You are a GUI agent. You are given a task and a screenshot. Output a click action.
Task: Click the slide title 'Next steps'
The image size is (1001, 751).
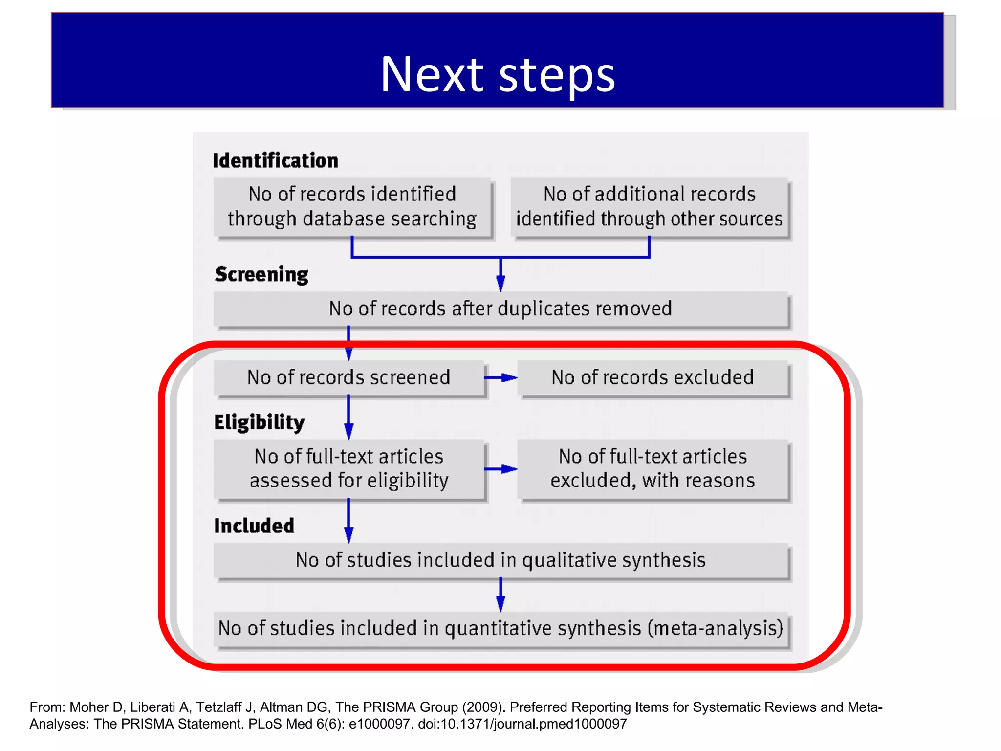click(498, 74)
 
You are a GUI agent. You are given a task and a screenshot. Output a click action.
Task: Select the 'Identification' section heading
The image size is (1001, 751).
click(275, 161)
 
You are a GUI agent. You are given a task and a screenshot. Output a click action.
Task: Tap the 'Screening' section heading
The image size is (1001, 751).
click(261, 274)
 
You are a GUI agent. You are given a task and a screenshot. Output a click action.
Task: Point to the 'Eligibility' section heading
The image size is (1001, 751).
click(259, 422)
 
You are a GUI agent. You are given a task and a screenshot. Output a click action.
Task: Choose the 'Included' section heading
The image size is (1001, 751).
click(254, 526)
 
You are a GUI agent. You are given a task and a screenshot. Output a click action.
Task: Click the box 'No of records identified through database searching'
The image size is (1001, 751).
click(352, 207)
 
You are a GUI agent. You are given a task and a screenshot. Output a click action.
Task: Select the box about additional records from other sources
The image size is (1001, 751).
click(649, 207)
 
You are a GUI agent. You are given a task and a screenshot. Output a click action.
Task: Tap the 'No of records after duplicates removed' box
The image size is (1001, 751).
click(500, 309)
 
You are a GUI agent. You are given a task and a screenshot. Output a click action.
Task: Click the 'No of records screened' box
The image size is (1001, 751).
click(348, 378)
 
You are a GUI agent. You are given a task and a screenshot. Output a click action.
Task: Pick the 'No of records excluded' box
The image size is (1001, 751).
click(653, 378)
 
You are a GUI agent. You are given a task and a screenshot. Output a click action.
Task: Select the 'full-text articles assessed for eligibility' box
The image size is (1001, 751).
click(348, 468)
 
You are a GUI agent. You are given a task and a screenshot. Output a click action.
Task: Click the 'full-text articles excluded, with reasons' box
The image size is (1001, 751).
click(653, 468)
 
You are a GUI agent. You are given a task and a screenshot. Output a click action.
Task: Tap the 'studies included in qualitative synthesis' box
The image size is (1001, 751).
click(500, 560)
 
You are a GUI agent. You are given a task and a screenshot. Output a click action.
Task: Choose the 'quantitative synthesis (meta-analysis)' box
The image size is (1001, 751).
click(500, 629)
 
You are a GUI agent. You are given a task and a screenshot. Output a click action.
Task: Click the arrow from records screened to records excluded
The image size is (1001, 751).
click(500, 378)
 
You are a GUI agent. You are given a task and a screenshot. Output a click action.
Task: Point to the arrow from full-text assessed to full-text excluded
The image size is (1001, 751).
click(500, 469)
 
